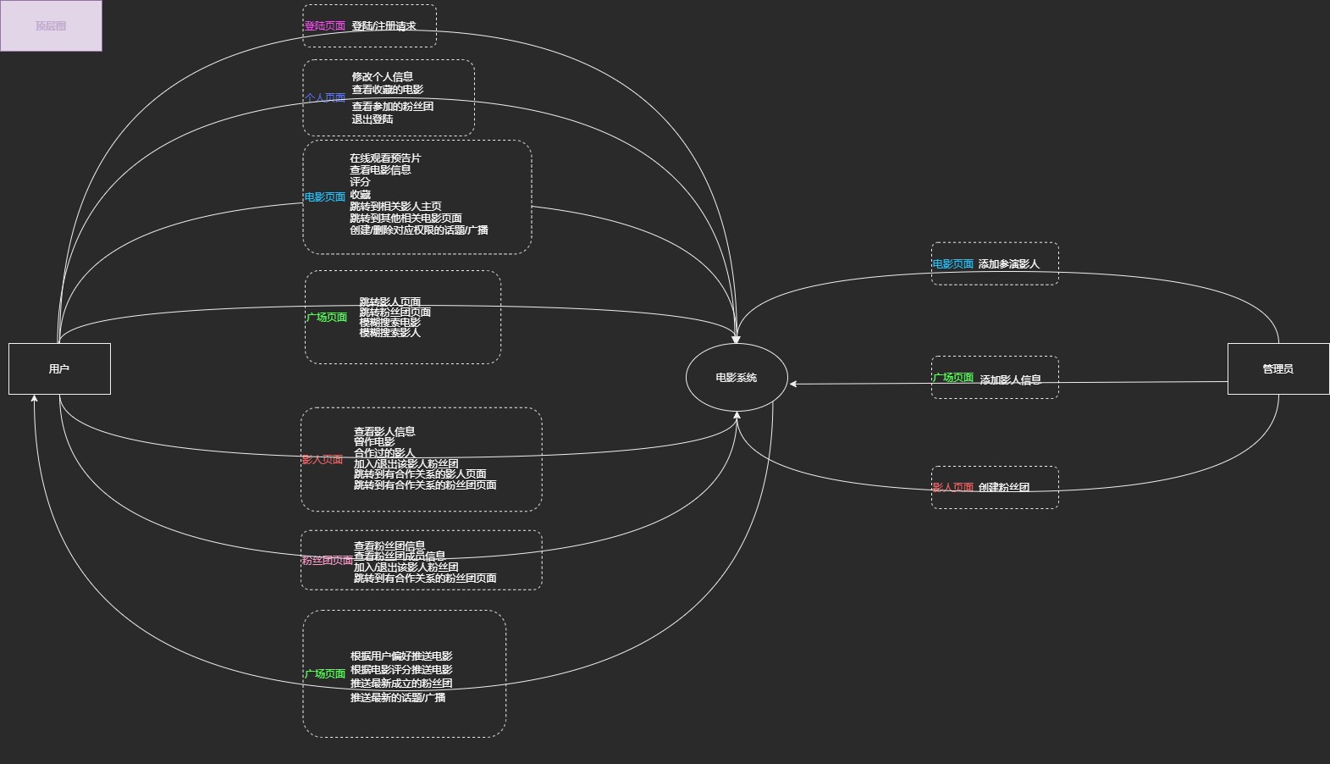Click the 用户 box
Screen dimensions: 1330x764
tap(59, 368)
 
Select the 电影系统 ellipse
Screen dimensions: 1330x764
tap(736, 378)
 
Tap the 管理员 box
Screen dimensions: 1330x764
tap(1278, 368)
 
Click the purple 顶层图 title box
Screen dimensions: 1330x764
tap(51, 25)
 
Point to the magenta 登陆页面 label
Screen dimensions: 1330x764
tap(325, 26)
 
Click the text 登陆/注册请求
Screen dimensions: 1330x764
tap(384, 26)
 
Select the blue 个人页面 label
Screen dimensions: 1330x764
tap(325, 98)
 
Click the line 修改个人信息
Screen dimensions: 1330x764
tap(383, 76)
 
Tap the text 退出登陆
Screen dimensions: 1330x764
tap(373, 119)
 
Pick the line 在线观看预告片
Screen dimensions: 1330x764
tap(385, 158)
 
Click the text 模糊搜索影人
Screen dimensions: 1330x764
tap(389, 333)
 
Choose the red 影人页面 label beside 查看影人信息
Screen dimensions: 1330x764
tap(323, 460)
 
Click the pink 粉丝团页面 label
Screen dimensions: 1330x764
tap(327, 561)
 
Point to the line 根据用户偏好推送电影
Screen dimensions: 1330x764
tap(401, 656)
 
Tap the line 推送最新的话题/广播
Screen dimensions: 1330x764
tap(398, 698)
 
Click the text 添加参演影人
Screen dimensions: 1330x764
tap(1008, 264)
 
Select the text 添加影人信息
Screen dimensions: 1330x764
tap(1010, 380)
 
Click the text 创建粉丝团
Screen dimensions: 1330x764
tap(1004, 488)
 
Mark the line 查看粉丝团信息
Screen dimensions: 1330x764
tap(389, 546)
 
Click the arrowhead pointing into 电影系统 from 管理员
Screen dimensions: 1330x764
tap(794, 384)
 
